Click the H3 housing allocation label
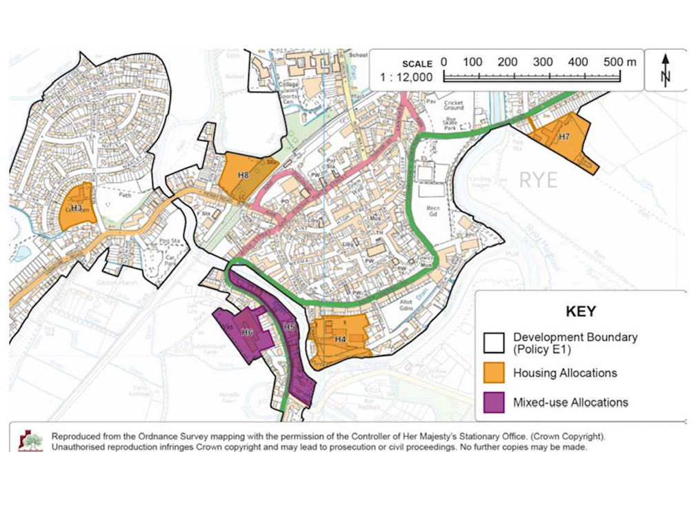tap(77, 207)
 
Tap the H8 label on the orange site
tap(243, 175)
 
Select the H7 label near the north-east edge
tap(564, 136)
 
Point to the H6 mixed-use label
tap(247, 333)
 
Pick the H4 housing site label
tap(340, 339)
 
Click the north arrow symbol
tap(666, 70)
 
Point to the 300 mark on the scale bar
tap(543, 61)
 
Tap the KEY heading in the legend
tap(581, 311)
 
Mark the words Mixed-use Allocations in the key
tap(570, 402)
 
